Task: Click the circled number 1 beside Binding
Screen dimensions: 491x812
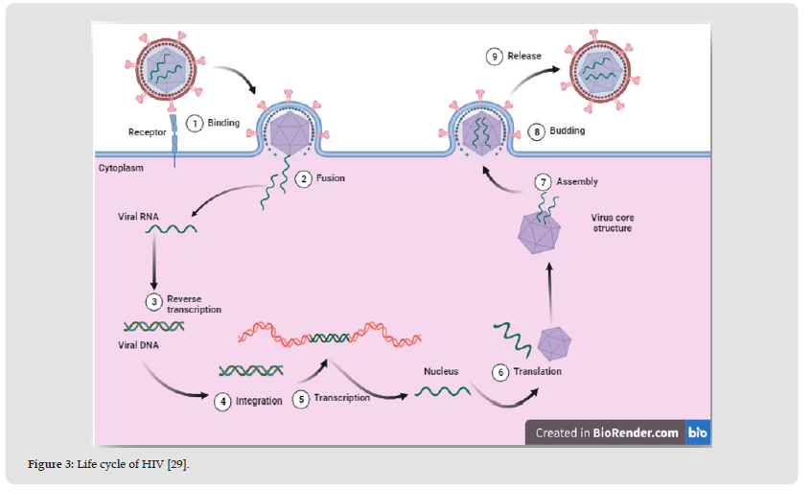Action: click(194, 124)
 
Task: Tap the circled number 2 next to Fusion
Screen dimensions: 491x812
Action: click(302, 178)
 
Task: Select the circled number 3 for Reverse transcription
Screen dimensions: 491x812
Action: click(152, 302)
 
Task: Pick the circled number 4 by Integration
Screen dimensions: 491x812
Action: click(222, 401)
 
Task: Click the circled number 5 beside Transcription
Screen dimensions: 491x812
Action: click(300, 399)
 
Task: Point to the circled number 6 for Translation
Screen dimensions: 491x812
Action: click(499, 372)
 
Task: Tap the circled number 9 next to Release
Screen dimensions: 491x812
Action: click(495, 57)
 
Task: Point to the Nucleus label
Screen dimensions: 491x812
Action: click(440, 371)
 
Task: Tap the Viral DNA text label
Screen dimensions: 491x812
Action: click(140, 346)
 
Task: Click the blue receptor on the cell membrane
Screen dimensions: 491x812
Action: click(174, 140)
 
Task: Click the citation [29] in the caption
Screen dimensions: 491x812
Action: click(177, 465)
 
